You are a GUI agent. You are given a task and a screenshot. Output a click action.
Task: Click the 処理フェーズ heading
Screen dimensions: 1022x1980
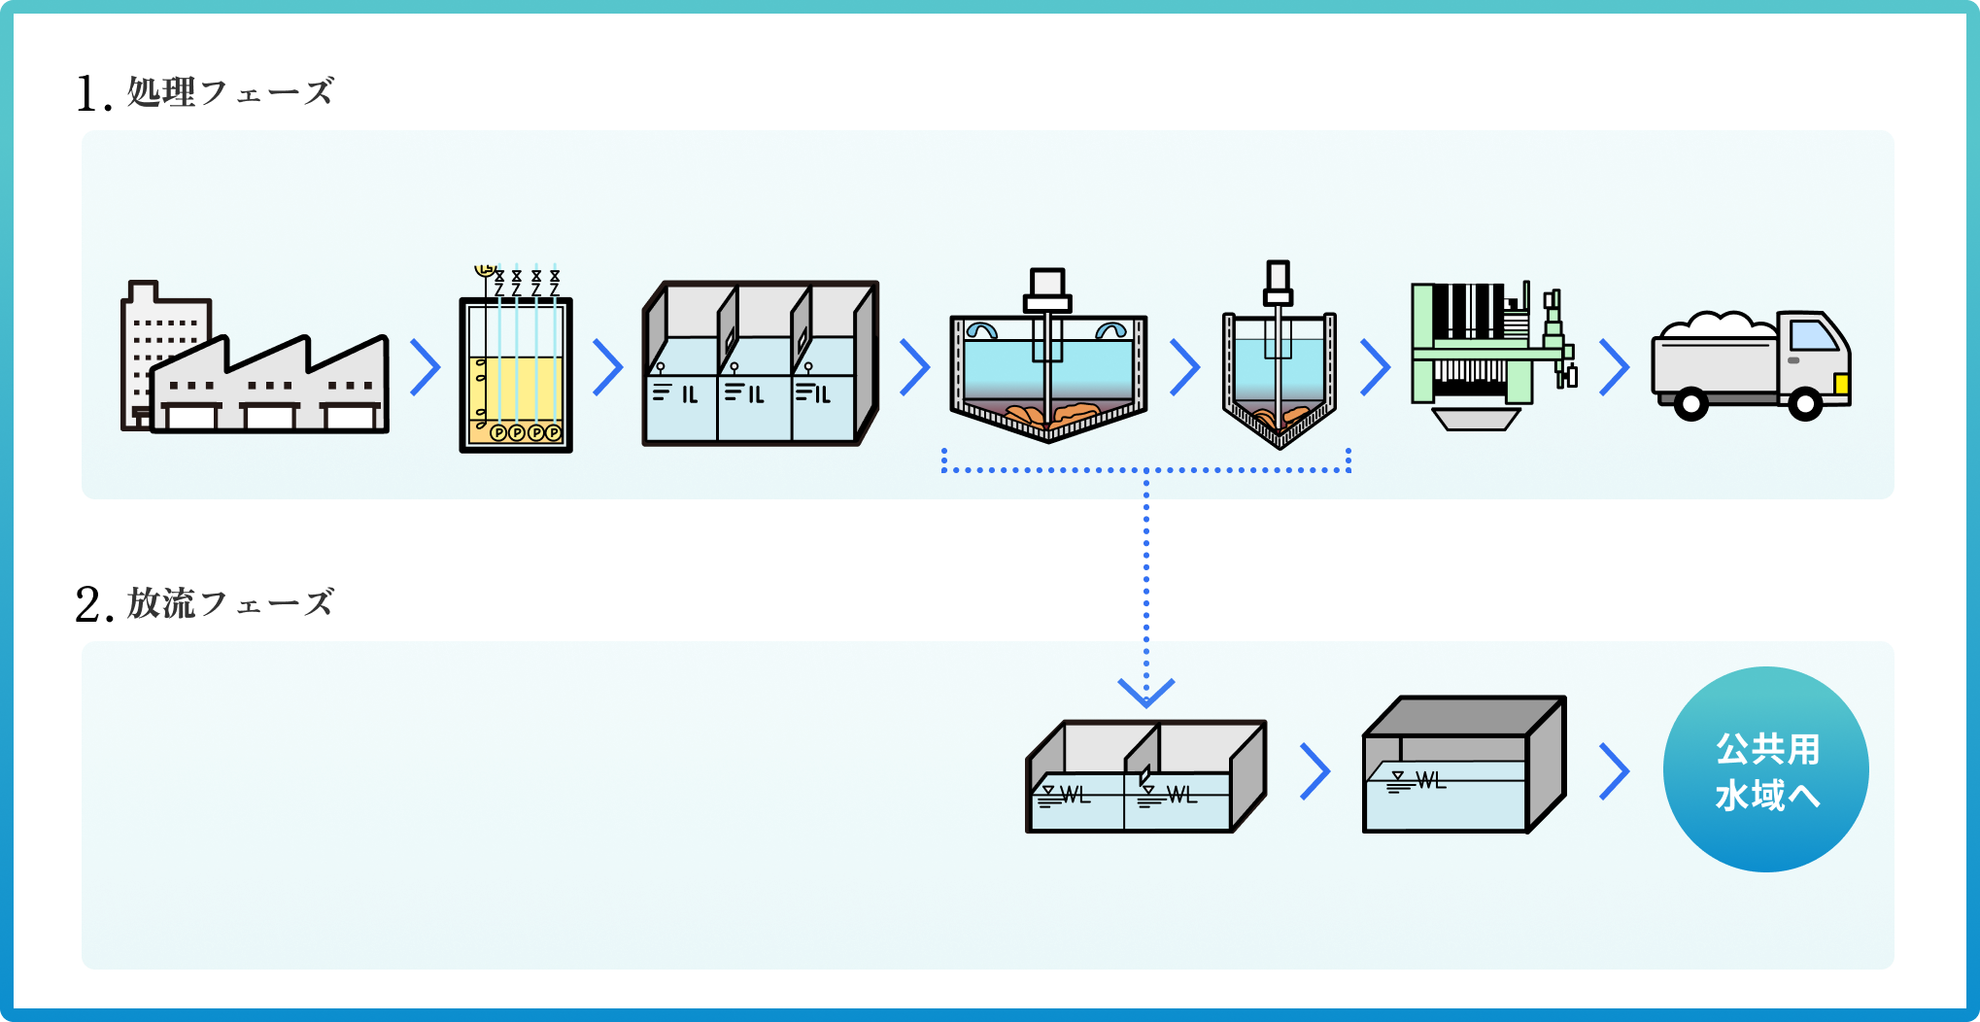tap(230, 92)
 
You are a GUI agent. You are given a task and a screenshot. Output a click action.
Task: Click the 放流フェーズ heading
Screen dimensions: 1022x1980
tap(230, 603)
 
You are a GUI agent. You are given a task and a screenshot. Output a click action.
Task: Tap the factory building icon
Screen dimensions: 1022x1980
tap(254, 364)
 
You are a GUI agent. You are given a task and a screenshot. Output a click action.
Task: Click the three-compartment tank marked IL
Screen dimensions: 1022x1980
tap(760, 364)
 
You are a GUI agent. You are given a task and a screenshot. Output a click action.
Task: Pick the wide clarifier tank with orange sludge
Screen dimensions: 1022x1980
tap(1048, 374)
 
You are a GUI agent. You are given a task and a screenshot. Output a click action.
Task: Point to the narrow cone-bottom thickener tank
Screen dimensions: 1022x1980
tap(1279, 374)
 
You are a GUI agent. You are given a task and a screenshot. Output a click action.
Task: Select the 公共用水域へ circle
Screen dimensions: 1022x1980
tap(1765, 769)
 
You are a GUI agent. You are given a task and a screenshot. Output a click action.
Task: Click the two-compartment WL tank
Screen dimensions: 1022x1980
tap(1145, 777)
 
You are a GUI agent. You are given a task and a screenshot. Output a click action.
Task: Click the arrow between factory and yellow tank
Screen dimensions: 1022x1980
tap(426, 367)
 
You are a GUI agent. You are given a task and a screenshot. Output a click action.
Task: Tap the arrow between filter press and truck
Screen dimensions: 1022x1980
tap(1614, 367)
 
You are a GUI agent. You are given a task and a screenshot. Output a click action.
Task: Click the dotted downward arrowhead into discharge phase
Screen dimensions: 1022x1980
tap(1146, 692)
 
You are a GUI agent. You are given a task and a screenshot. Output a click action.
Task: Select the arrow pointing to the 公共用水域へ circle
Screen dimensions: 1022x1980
tap(1614, 771)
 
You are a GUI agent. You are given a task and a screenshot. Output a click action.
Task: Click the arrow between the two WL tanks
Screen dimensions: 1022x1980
tap(1314, 771)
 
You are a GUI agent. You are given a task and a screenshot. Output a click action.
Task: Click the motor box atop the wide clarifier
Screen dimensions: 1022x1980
tap(1047, 284)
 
